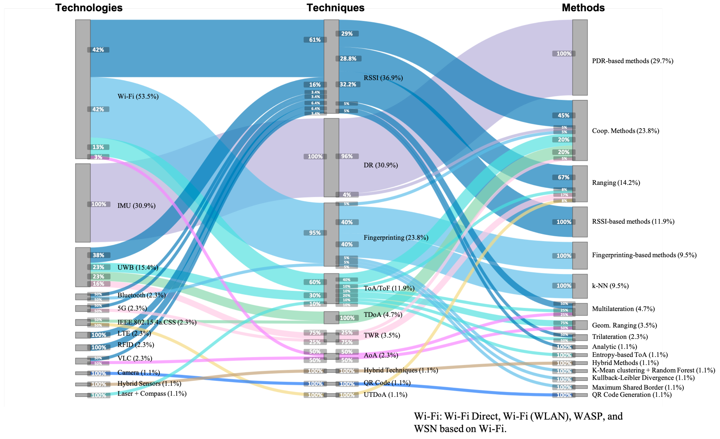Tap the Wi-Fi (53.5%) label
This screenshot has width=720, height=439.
[x=138, y=97]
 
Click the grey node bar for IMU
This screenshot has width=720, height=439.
[x=83, y=203]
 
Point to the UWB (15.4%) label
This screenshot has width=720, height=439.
[x=138, y=268]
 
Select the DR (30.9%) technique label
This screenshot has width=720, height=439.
[x=380, y=165]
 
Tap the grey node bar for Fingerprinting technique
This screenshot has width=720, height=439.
[x=331, y=234]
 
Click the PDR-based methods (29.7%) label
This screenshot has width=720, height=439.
[x=632, y=61]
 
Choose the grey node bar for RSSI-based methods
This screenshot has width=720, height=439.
[x=580, y=222]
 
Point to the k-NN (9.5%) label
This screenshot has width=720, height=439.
[x=610, y=286]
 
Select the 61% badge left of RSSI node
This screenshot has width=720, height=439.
[x=315, y=40]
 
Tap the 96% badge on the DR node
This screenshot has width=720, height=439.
[x=347, y=156]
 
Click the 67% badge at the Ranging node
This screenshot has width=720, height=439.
[x=563, y=177]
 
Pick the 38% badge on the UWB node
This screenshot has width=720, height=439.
[x=98, y=255]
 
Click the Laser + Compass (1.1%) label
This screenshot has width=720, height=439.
[x=152, y=394]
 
